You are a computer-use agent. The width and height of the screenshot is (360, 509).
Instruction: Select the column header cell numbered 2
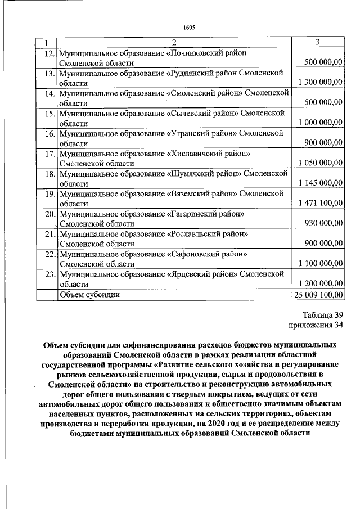[x=174, y=43]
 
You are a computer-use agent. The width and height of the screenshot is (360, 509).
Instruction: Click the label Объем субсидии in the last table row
[x=89, y=294]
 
